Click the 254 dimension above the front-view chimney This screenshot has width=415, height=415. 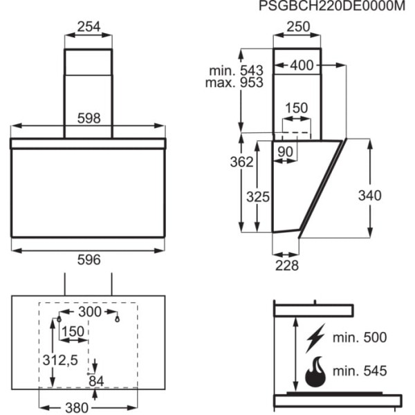[89, 27]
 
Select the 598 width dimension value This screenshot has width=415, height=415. [89, 118]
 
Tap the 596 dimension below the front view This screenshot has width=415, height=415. [89, 259]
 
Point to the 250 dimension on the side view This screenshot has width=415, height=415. [297, 27]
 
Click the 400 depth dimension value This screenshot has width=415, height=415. [302, 66]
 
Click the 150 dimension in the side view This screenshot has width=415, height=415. [297, 109]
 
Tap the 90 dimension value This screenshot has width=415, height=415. [285, 151]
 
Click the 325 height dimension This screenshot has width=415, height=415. [257, 196]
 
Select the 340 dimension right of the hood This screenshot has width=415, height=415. [369, 196]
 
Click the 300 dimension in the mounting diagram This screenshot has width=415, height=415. [89, 312]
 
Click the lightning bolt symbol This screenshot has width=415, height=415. [315, 338]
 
